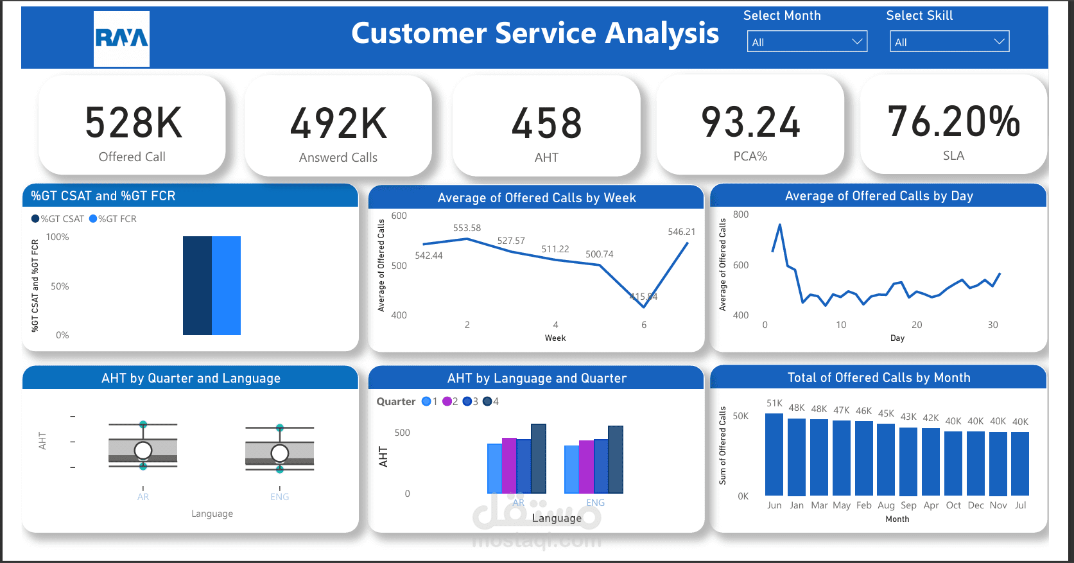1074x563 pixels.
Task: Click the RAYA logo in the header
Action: pyautogui.click(x=121, y=39)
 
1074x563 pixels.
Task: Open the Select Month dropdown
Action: pyautogui.click(x=807, y=42)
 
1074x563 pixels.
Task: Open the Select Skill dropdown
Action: pyautogui.click(x=949, y=42)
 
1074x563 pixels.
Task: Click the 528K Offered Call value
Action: pyautogui.click(x=134, y=123)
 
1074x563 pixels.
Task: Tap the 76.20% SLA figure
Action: pyautogui.click(x=953, y=121)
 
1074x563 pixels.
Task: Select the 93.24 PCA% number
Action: pyautogui.click(x=750, y=122)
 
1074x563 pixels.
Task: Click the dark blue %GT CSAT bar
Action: pyautogui.click(x=197, y=286)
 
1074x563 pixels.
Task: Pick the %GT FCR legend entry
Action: pyautogui.click(x=113, y=219)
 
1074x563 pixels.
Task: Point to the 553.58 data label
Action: pyautogui.click(x=467, y=228)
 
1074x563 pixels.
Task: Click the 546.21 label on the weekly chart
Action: pyautogui.click(x=681, y=232)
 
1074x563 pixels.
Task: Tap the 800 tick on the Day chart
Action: pyautogui.click(x=741, y=214)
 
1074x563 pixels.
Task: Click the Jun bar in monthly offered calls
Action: pyautogui.click(x=774, y=455)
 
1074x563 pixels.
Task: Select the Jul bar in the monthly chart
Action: pyautogui.click(x=1020, y=463)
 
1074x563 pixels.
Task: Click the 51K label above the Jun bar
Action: pyautogui.click(x=774, y=403)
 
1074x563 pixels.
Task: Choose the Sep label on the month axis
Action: pyautogui.click(x=908, y=505)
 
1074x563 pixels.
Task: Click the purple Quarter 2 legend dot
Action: pyautogui.click(x=447, y=402)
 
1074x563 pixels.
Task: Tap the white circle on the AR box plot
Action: pyautogui.click(x=143, y=450)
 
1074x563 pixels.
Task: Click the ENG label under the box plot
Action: pyautogui.click(x=280, y=497)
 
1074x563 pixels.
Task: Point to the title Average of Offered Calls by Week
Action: pyautogui.click(x=537, y=198)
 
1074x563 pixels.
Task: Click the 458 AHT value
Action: pyautogui.click(x=546, y=123)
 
